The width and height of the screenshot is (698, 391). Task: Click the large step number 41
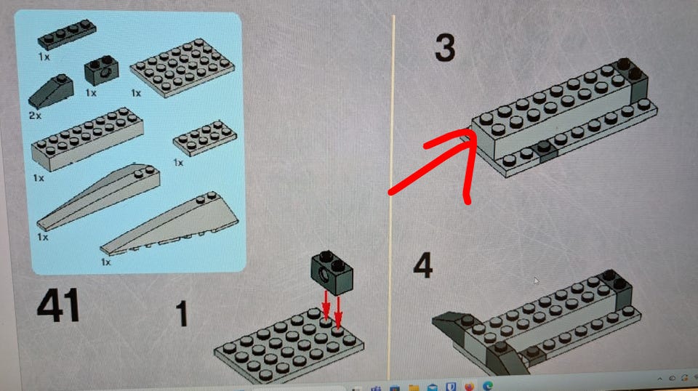58,305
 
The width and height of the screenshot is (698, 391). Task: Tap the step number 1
182,314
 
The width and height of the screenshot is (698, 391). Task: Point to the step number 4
422,265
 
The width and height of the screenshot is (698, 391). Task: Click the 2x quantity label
35,116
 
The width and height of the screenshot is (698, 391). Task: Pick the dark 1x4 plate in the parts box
67,34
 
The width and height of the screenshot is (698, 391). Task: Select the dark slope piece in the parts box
51,91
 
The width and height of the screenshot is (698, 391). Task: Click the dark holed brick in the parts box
102,70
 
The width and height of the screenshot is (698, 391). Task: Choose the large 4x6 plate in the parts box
182,67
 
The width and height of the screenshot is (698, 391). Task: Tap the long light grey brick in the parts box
87,138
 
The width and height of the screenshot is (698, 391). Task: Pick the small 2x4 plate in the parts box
205,138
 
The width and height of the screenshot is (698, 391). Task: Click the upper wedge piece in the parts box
98,196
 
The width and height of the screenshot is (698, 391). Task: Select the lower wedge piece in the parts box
169,224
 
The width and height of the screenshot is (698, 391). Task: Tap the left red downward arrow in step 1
326,305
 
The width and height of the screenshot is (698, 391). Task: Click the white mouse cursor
537,281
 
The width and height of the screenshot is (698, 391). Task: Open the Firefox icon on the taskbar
470,386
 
